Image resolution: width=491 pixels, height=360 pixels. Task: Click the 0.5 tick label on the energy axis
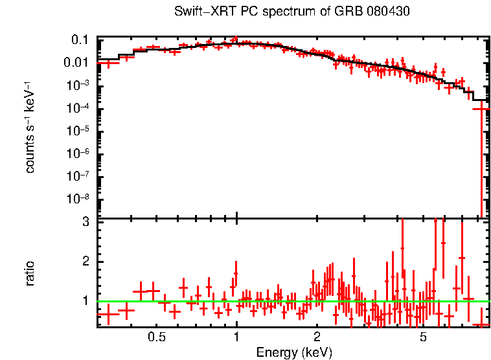coord(156,338)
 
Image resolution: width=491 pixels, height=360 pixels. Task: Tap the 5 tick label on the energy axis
coord(423,338)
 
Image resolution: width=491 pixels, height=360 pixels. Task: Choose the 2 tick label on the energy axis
coord(317,338)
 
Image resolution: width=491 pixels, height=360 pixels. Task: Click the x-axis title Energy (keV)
coord(293,352)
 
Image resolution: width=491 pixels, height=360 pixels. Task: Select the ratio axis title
coord(29,274)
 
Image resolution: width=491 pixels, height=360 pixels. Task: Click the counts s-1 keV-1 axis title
coord(29,128)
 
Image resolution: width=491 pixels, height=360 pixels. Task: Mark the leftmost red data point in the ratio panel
coord(108,314)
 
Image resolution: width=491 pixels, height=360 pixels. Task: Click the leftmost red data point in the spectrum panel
coord(108,63)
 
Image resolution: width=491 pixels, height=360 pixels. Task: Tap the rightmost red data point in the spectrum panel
coord(480,109)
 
